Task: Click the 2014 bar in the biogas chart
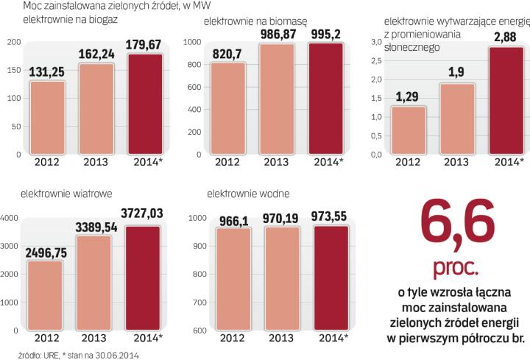144,105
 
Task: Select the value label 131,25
48,73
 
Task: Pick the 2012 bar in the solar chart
410,130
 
